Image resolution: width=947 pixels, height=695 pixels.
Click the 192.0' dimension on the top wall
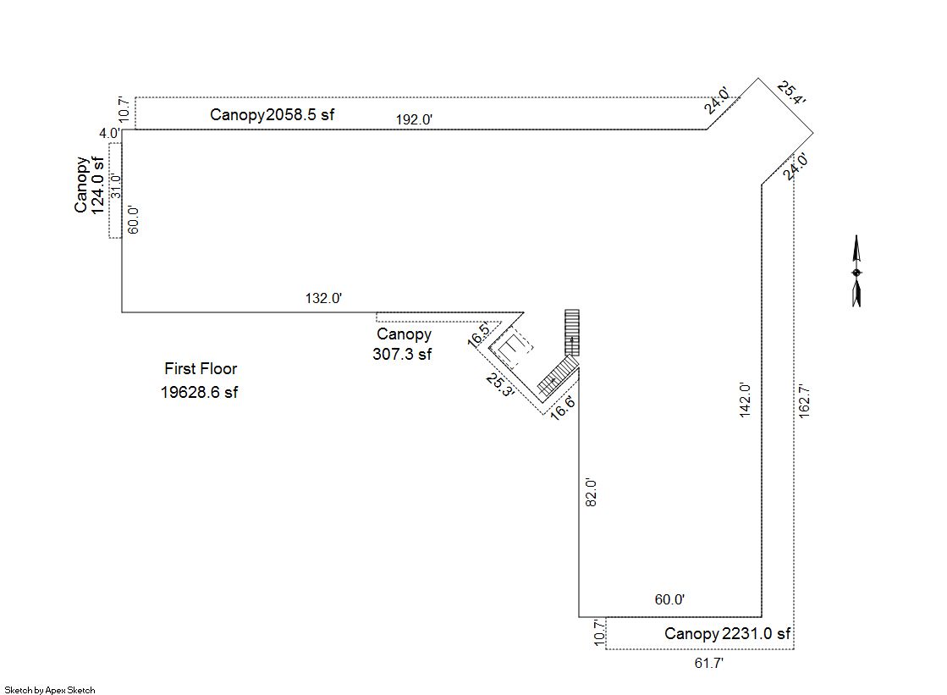click(414, 119)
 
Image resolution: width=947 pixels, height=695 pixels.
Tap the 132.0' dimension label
click(324, 298)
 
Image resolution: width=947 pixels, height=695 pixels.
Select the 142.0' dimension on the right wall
click(745, 400)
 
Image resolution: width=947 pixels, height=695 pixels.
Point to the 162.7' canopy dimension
click(804, 400)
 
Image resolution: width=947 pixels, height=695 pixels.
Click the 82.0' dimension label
click(592, 492)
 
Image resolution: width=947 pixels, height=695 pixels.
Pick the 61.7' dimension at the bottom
click(709, 663)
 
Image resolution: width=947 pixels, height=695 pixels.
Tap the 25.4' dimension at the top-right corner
click(791, 93)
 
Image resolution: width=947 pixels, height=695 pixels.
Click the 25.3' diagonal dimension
click(500, 385)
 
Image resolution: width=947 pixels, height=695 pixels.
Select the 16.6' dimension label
click(562, 407)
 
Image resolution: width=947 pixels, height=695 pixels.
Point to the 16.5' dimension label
click(479, 335)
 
